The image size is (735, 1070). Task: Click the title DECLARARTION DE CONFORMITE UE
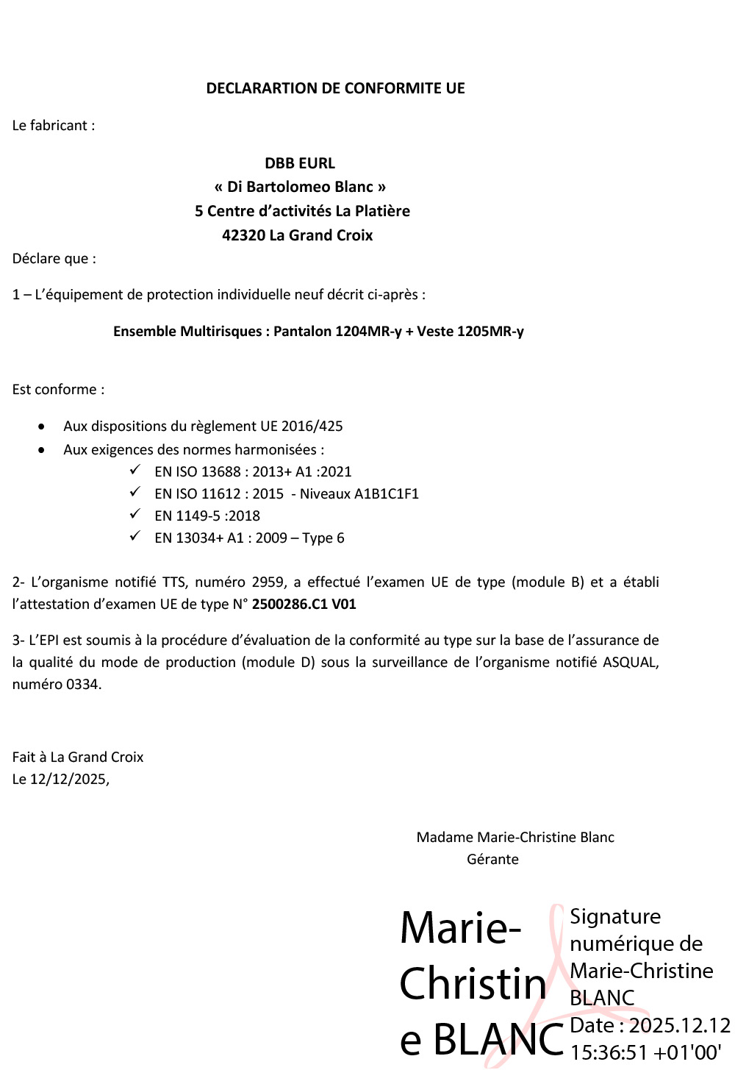tap(335, 88)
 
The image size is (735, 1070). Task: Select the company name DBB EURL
tap(300, 163)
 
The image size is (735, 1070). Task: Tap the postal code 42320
tap(243, 235)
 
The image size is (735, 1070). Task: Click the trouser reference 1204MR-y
tap(368, 331)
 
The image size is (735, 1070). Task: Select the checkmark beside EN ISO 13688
tap(135, 470)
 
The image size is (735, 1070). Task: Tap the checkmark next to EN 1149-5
tap(135, 514)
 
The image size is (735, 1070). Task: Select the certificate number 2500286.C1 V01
tap(304, 604)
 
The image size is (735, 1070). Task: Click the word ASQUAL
tap(630, 662)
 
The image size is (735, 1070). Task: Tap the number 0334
tap(83, 684)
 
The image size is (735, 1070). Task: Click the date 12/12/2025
tap(68, 779)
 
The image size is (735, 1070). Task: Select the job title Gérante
tap(492, 859)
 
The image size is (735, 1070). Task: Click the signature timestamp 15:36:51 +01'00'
tap(646, 1052)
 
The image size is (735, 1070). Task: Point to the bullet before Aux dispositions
tap(42, 427)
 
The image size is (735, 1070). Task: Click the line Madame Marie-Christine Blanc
tap(515, 837)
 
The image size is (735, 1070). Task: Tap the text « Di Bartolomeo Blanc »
tap(300, 187)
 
